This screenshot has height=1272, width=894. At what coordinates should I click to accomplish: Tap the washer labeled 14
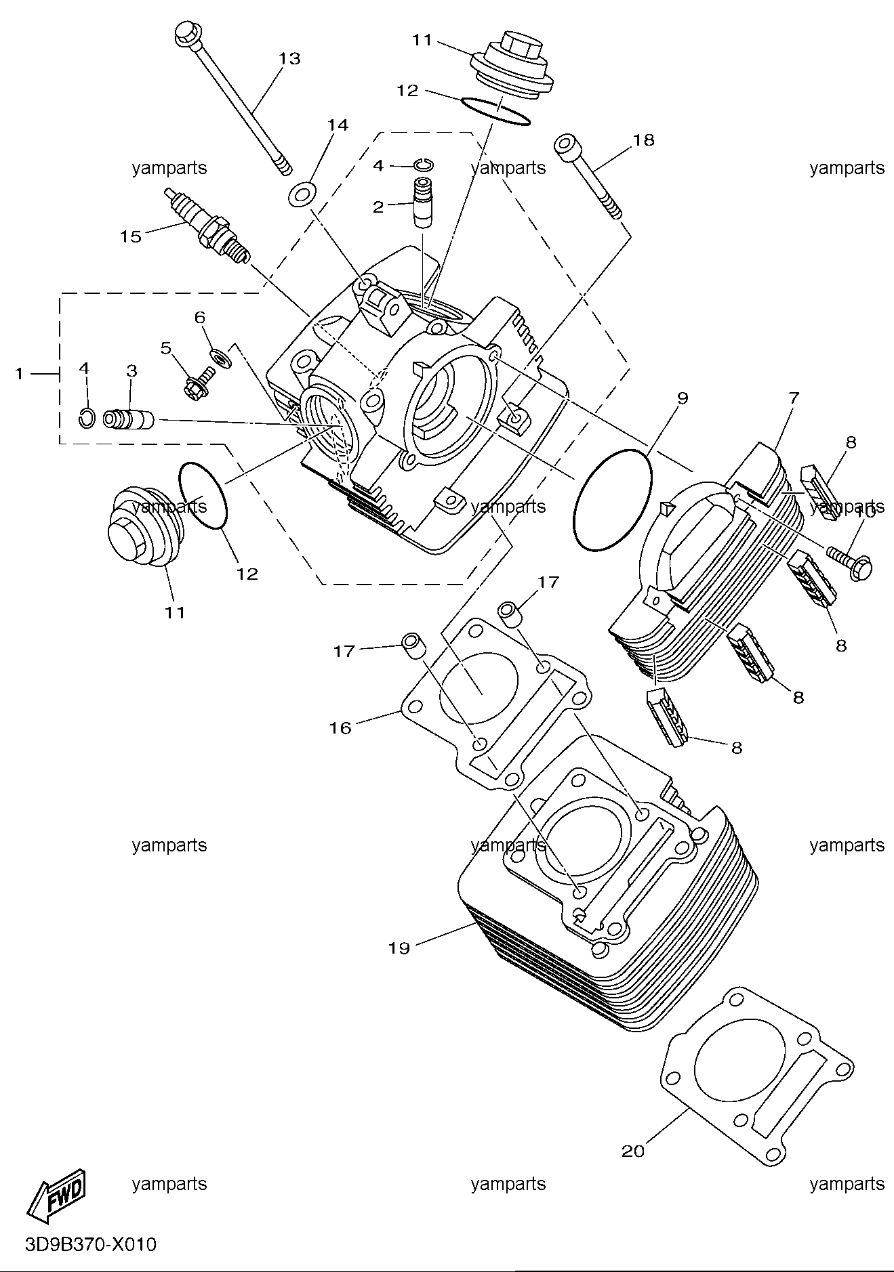pyautogui.click(x=300, y=194)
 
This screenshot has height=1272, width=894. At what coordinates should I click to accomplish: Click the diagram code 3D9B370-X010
pyautogui.click(x=90, y=1245)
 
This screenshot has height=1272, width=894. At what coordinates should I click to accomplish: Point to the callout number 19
pyautogui.click(x=399, y=948)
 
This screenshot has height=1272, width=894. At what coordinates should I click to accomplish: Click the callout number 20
pyautogui.click(x=633, y=1151)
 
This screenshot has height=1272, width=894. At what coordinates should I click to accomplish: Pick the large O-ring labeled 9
pyautogui.click(x=612, y=500)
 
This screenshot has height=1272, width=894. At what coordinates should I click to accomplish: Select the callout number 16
pyautogui.click(x=340, y=728)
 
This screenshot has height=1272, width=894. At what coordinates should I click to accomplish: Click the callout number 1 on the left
pyautogui.click(x=20, y=373)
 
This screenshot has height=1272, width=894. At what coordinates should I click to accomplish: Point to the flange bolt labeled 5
pyautogui.click(x=199, y=383)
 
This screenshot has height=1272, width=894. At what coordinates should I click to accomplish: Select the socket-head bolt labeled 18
pyautogui.click(x=588, y=177)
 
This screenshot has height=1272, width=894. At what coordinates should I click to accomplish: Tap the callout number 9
pyautogui.click(x=682, y=398)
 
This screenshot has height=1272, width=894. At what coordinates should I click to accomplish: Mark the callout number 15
pyautogui.click(x=131, y=236)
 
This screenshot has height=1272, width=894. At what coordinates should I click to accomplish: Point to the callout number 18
pyautogui.click(x=644, y=140)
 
